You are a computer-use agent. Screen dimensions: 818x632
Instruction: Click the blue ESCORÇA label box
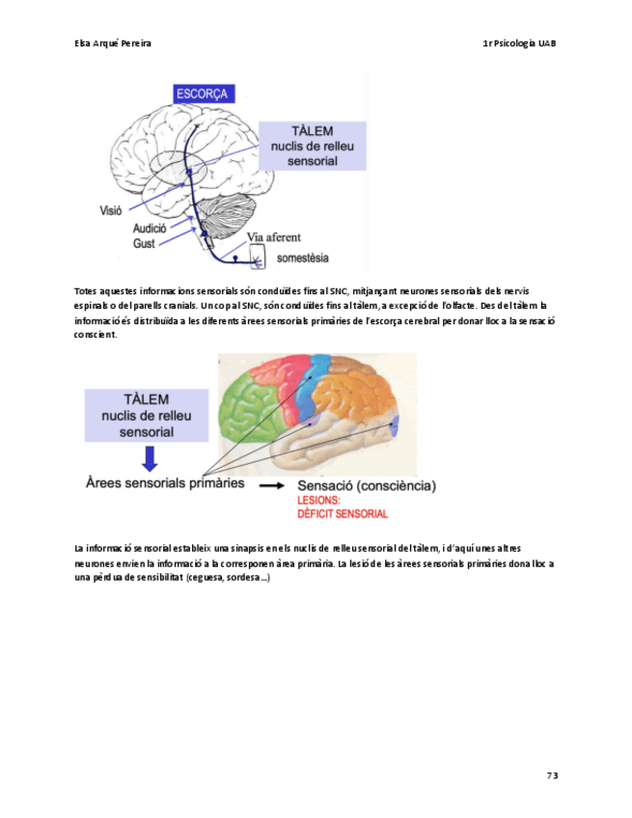202,94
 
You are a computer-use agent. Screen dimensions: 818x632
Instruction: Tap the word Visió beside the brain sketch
111,208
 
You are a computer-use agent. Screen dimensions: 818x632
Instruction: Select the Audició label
151,230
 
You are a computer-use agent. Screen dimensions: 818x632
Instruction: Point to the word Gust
144,244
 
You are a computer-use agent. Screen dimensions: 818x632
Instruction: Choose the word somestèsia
303,258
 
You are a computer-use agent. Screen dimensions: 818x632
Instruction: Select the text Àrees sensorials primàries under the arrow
165,481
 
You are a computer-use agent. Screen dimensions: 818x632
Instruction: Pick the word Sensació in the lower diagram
324,485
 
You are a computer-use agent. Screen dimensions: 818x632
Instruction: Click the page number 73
552,776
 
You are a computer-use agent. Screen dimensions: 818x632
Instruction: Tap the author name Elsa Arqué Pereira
112,44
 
